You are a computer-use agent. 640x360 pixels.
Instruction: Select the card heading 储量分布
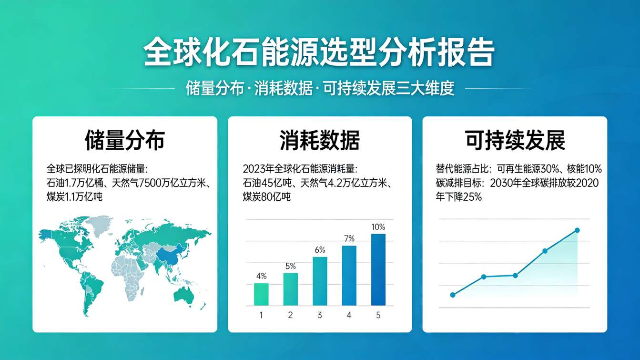tap(124, 140)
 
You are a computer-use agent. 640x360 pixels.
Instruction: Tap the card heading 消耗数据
tap(319, 140)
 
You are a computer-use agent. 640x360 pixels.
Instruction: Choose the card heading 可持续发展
tap(515, 140)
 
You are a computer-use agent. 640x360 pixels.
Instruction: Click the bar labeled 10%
tap(378, 269)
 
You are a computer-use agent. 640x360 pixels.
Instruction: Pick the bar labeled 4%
tap(261, 294)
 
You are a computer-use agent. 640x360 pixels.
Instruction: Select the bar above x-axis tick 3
tap(320, 281)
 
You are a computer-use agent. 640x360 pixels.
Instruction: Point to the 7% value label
tap(349, 238)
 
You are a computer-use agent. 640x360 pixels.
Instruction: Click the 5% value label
tap(290, 266)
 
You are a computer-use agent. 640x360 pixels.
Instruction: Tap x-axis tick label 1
tap(261, 315)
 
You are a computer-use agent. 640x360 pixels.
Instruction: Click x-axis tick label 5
tap(378, 315)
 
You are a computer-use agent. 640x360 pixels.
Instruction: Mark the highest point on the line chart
tap(577, 230)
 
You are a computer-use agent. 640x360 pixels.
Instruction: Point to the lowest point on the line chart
tap(453, 295)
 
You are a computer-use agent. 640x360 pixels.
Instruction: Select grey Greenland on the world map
tap(99, 225)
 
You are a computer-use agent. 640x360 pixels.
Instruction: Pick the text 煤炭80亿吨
tap(266, 196)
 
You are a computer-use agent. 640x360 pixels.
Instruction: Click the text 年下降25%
tap(458, 196)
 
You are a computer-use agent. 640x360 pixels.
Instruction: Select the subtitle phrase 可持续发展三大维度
tap(388, 89)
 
